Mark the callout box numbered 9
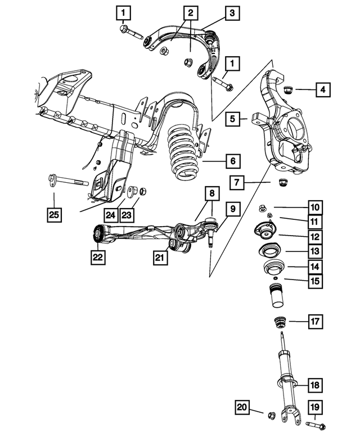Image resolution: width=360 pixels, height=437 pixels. [232, 210]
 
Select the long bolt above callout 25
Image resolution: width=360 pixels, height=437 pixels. [66, 182]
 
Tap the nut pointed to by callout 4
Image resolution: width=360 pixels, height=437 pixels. [287, 88]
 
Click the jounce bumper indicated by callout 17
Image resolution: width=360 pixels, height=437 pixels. [280, 323]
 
